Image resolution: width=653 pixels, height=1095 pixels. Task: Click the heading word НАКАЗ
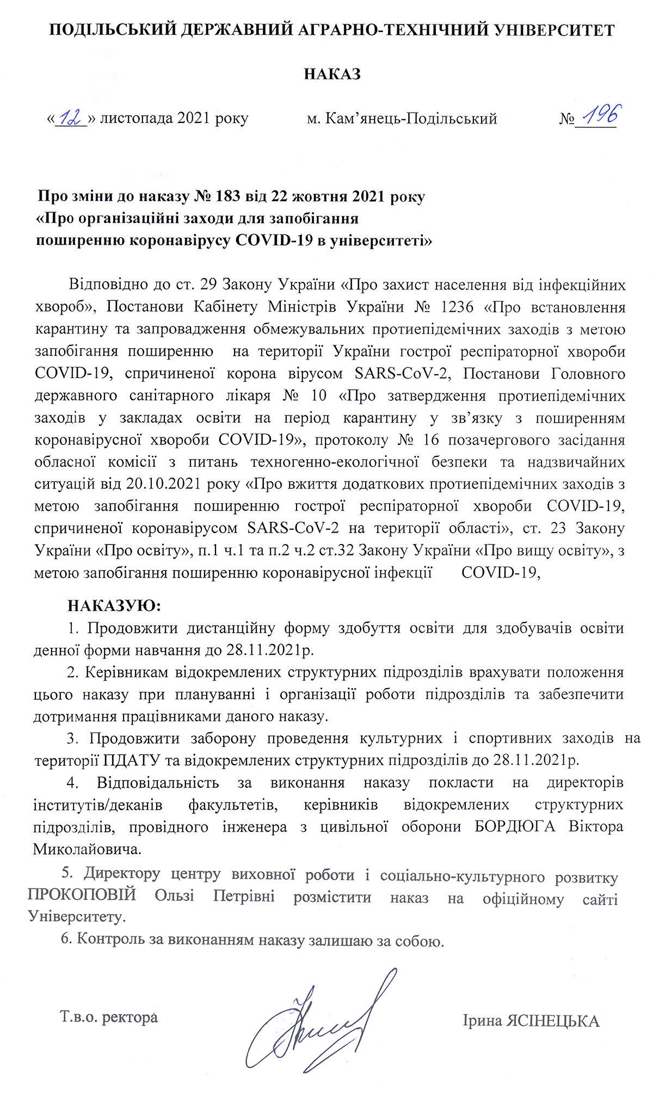(x=332, y=74)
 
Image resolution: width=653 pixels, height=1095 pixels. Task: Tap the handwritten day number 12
(x=71, y=117)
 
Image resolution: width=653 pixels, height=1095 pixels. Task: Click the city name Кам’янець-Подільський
(x=411, y=119)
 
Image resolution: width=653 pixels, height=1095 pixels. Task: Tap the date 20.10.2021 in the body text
(x=156, y=484)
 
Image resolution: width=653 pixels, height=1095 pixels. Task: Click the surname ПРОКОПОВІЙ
(x=82, y=895)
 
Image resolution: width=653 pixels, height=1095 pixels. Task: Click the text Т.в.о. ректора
(x=109, y=1017)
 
